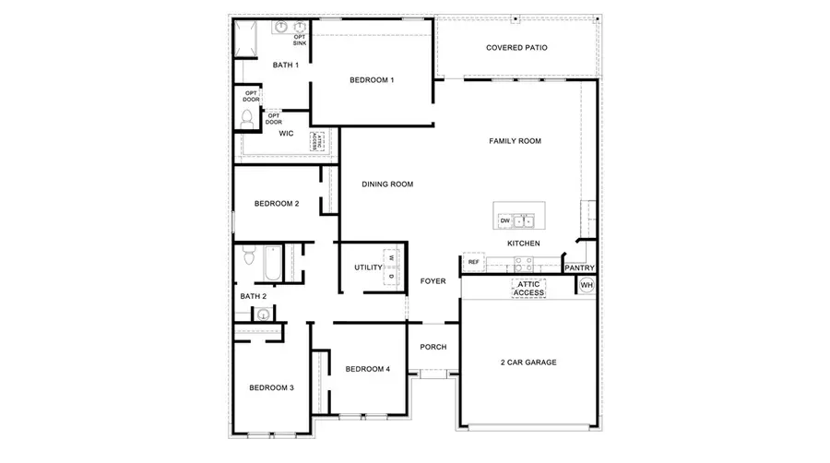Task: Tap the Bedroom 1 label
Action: pos(372,80)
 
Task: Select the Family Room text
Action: pos(515,141)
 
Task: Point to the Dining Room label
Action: pos(387,184)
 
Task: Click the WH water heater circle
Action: pos(586,286)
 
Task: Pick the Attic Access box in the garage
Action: pos(528,289)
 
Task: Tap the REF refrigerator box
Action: pos(473,262)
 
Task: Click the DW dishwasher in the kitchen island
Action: pos(504,221)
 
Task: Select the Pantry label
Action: pos(580,268)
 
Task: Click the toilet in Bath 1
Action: pos(247,118)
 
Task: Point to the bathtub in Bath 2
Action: pos(269,263)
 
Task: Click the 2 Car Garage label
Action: pos(528,362)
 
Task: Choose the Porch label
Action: pos(433,348)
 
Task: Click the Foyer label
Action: pos(433,280)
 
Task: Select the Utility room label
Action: pos(368,267)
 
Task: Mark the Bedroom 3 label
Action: pos(271,387)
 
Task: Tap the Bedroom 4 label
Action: pos(367,369)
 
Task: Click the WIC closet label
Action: pos(286,134)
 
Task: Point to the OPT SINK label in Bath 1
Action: pos(300,40)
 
